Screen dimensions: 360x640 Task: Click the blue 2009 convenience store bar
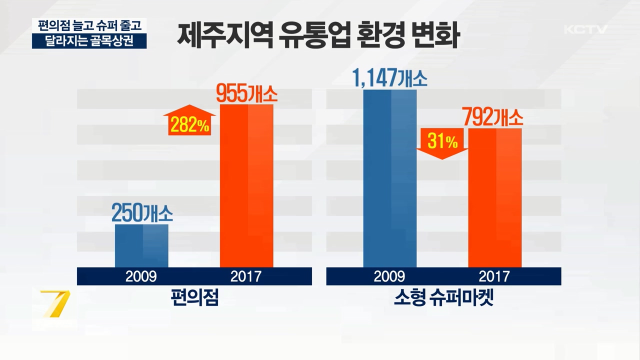point(141,245)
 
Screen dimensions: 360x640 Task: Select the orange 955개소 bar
point(246,185)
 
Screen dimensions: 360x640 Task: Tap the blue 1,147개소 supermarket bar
point(390,178)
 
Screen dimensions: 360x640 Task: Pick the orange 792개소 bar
point(494,197)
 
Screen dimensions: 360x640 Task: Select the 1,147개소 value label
point(390,78)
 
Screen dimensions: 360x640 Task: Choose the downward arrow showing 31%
point(442,143)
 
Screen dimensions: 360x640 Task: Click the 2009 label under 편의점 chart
point(141,276)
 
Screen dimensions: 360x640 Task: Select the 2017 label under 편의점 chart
point(246,276)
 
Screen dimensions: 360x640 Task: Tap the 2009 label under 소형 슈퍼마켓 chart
point(389,276)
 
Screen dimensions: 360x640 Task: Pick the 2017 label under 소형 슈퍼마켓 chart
point(494,276)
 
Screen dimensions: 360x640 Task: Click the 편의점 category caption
point(194,298)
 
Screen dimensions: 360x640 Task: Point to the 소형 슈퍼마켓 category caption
point(443,298)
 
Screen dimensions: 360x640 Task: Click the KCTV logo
point(585,29)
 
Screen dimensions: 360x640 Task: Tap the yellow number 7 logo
point(55,303)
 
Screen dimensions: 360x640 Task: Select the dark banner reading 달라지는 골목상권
point(89,41)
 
